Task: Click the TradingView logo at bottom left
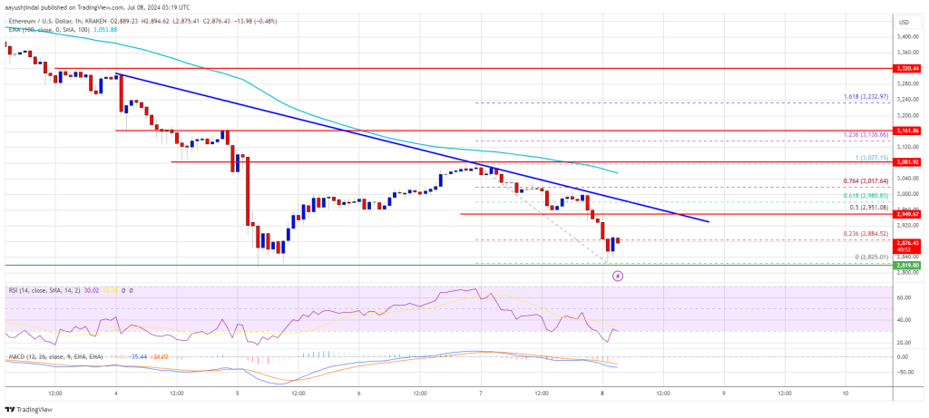point(29,408)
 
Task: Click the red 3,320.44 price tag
point(907,68)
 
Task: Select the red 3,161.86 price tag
point(907,131)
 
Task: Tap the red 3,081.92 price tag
point(907,162)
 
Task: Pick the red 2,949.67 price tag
point(907,214)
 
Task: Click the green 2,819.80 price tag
point(907,266)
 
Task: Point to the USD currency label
point(904,22)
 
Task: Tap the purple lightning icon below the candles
point(618,276)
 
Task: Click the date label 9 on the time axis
point(723,394)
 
